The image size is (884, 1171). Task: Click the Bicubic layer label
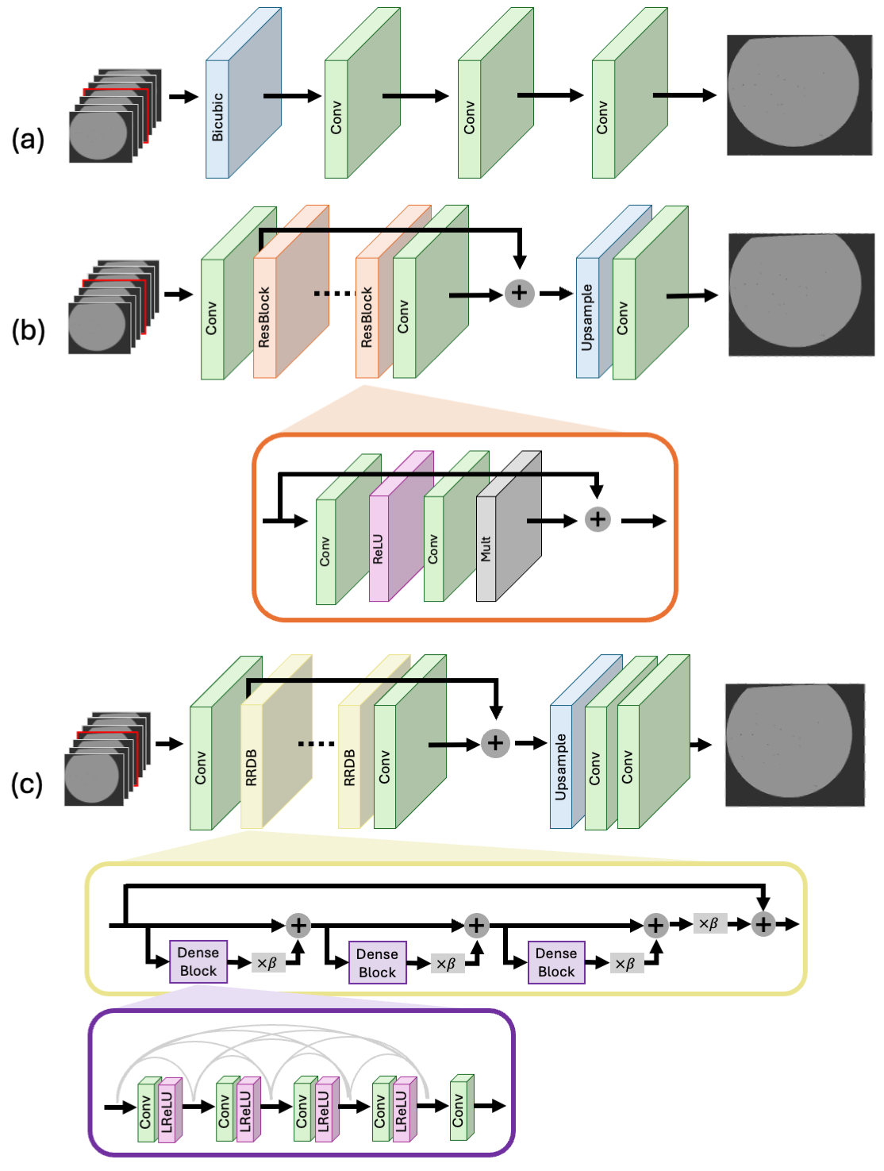pos(217,117)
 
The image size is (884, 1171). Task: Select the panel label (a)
pos(28,140)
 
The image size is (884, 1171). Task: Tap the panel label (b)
pos(28,329)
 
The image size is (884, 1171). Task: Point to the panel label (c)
pos(27,784)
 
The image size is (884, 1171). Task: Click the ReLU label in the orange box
pos(379,549)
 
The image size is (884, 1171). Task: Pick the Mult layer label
pos(486,549)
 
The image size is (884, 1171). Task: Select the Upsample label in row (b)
pos(587,318)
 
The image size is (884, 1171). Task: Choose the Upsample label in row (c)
pos(561,767)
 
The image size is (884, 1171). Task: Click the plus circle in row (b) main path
pos(519,293)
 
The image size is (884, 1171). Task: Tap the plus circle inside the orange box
pos(598,520)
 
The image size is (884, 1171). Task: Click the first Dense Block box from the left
pos(198,961)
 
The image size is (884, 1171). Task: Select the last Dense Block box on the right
pos(556,962)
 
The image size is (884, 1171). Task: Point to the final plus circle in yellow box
pos(763,924)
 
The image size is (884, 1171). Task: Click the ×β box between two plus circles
pos(709,923)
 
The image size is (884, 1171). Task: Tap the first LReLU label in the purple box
pos(167,1111)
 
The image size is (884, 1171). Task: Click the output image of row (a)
pos(799,95)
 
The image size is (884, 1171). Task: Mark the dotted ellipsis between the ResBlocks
pos(332,294)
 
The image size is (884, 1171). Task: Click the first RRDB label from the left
pos(252,768)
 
